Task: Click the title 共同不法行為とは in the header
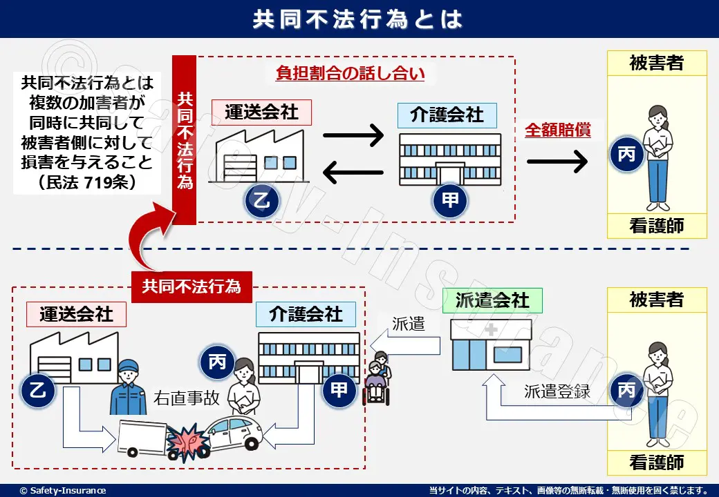coord(359,19)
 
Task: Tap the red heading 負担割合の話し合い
coord(350,74)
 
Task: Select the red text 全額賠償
coord(558,130)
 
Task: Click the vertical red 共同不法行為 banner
coord(185,139)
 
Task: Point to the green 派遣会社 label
coord(492,300)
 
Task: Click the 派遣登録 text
coord(557,391)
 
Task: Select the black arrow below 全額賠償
coord(557,162)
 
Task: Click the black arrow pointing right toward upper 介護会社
coord(353,135)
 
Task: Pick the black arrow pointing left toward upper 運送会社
coord(353,172)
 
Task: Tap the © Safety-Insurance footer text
coord(63,490)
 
